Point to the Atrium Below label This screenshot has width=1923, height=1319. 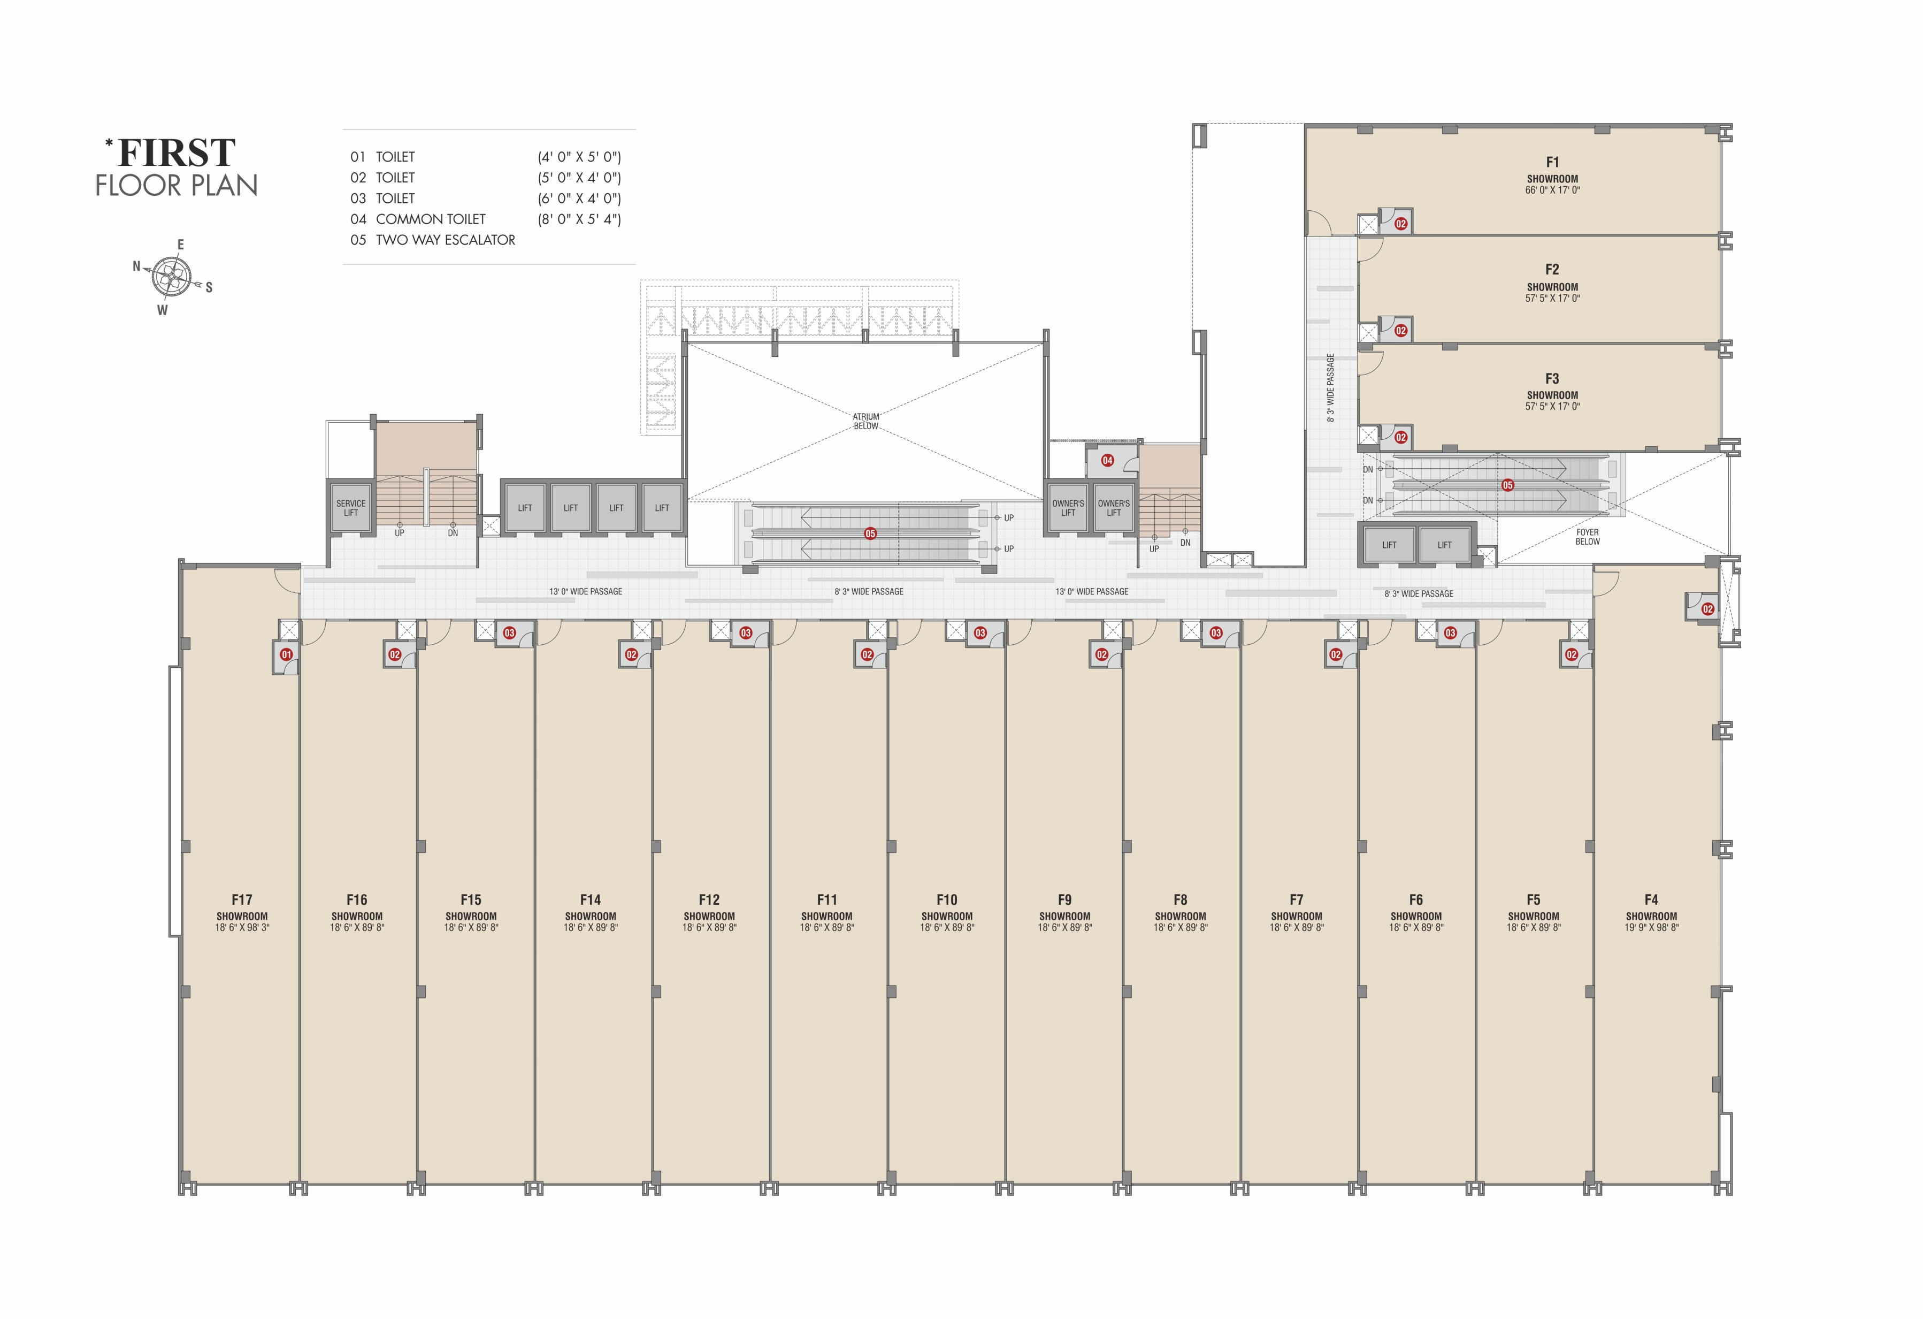(867, 421)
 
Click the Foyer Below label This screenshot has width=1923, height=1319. (1587, 537)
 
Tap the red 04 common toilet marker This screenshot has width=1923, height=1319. (1107, 460)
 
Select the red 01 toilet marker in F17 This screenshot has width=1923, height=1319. (286, 654)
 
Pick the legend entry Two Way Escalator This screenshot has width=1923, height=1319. (445, 240)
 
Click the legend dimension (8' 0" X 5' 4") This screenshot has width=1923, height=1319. (579, 219)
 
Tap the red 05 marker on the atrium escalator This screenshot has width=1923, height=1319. (870, 533)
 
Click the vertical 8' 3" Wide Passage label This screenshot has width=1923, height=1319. (1330, 387)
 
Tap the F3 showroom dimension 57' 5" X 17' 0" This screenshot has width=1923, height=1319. (1552, 406)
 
